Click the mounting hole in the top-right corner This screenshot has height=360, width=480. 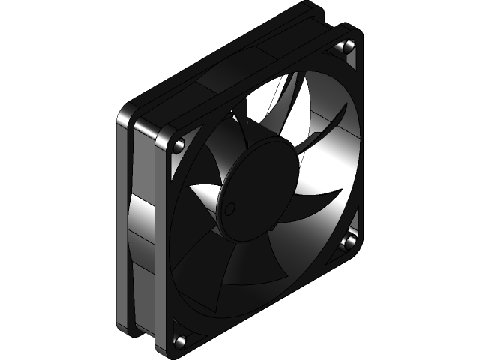(x=347, y=48)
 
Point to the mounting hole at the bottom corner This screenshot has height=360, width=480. (x=181, y=341)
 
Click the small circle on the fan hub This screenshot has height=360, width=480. (x=229, y=207)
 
